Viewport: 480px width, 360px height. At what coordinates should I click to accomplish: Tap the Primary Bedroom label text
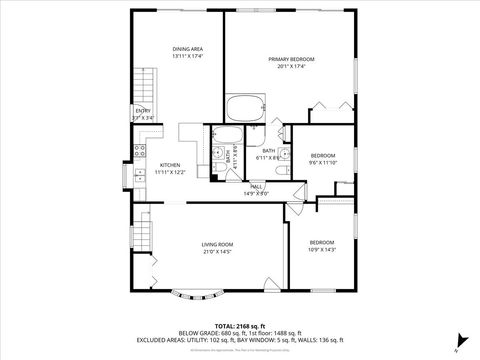291,60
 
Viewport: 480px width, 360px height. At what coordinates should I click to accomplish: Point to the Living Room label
217,244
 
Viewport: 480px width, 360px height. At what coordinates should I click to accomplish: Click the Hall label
256,187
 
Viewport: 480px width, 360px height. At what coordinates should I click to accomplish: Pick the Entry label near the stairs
143,111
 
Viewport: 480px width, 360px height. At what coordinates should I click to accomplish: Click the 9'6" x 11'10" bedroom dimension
322,163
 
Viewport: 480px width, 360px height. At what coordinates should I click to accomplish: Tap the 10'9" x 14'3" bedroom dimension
321,250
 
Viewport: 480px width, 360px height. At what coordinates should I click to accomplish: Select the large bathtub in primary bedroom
244,107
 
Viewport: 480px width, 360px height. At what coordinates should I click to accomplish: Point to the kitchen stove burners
139,153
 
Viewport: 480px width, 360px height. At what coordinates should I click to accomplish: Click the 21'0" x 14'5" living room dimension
217,252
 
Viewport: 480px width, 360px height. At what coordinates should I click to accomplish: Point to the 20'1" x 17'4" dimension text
291,67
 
